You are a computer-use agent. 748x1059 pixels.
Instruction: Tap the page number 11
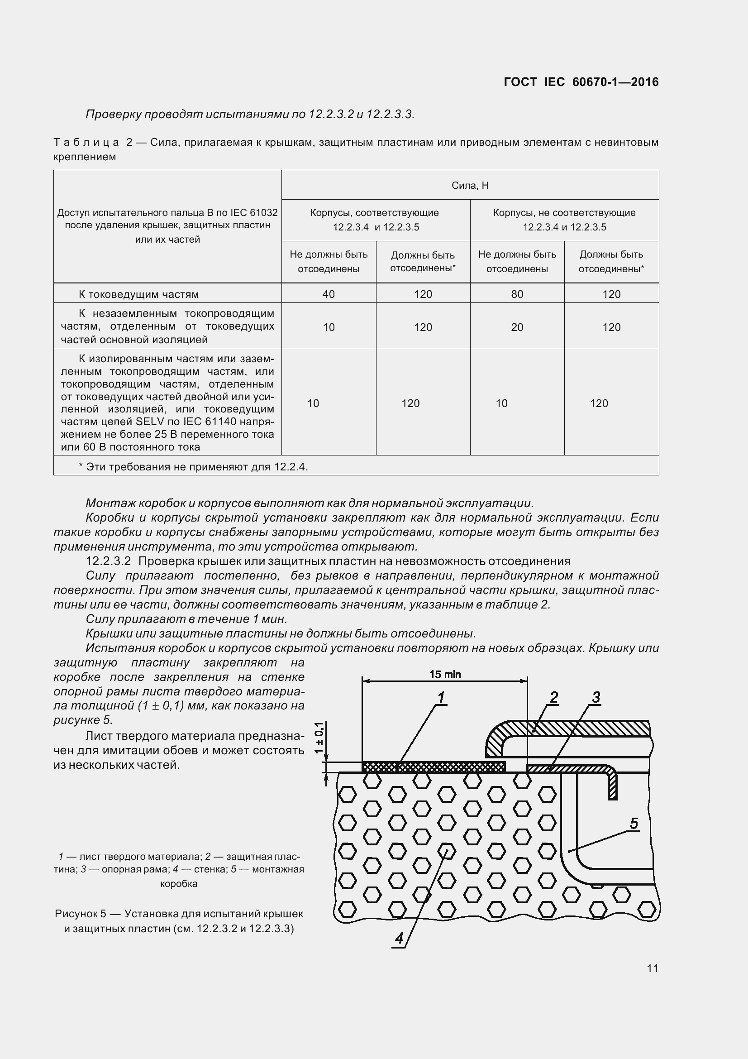click(652, 968)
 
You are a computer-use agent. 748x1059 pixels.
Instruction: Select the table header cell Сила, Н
click(470, 186)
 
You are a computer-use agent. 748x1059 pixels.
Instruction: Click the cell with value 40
click(328, 294)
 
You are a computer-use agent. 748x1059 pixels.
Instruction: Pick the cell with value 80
click(517, 294)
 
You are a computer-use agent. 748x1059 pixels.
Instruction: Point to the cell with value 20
click(517, 327)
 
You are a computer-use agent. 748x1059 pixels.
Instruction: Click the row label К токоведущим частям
click(138, 294)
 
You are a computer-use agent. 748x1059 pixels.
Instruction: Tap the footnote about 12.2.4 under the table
click(193, 467)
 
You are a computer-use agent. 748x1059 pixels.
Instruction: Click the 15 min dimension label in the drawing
click(445, 674)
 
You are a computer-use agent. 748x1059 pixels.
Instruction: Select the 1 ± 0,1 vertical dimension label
click(319, 738)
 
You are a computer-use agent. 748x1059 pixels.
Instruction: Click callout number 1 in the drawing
click(441, 697)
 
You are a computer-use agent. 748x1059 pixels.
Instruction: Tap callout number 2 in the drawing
click(553, 697)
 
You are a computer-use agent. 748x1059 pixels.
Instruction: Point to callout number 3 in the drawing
click(596, 697)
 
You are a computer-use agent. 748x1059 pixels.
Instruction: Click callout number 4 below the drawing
click(399, 938)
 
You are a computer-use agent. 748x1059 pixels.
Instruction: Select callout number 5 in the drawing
click(634, 823)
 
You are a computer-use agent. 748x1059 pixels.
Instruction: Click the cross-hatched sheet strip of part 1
click(433, 767)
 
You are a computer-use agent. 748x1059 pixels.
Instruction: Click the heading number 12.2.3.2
click(108, 561)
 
